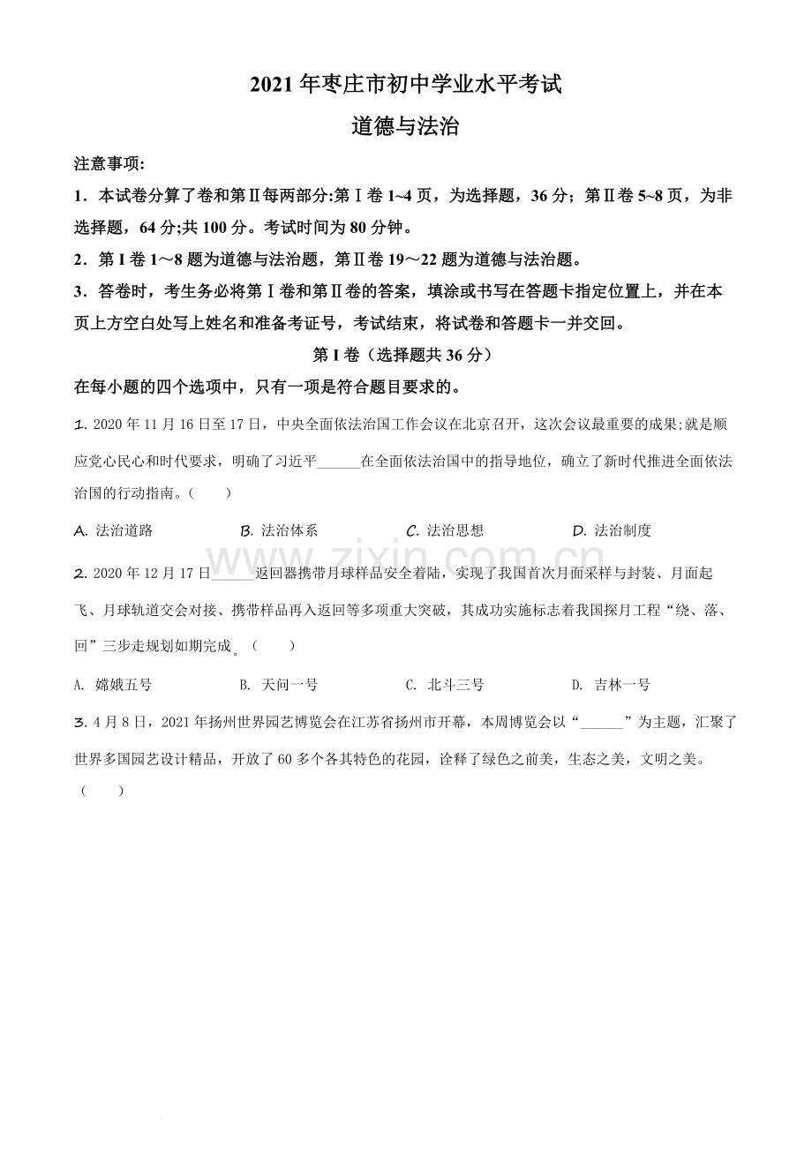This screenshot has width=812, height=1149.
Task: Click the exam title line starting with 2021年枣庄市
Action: point(405,86)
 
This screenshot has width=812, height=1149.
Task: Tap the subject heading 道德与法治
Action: point(405,126)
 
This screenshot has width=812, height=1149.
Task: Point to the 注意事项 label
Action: point(110,164)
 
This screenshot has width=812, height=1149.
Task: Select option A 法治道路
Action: point(115,530)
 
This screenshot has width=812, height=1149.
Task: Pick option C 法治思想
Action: point(445,530)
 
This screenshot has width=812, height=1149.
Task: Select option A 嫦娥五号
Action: point(114,685)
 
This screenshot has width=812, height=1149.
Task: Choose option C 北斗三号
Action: point(445,685)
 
